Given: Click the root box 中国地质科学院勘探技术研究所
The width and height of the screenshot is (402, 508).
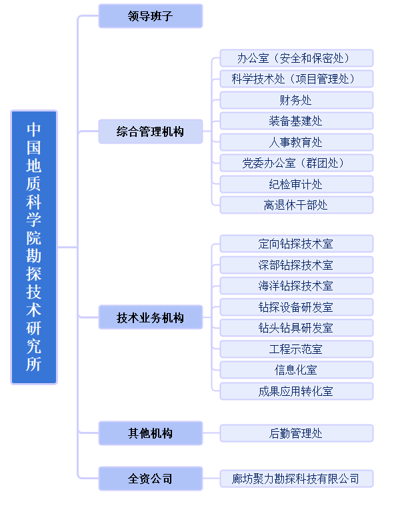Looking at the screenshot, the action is pyautogui.click(x=34, y=247).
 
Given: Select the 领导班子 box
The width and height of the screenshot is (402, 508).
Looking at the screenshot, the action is pyautogui.click(x=151, y=16).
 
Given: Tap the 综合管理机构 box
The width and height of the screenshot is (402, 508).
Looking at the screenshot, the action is pyautogui.click(x=151, y=132).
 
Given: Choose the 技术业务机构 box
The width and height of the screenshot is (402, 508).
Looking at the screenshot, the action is pyautogui.click(x=151, y=317).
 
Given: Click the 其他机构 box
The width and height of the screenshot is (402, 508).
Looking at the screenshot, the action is pyautogui.click(x=151, y=433).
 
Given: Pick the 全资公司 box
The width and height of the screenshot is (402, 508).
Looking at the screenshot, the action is pyautogui.click(x=151, y=479).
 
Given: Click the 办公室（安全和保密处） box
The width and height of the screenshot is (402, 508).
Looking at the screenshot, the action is pyautogui.click(x=297, y=58).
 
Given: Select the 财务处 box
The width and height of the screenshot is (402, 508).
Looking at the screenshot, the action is pyautogui.click(x=297, y=100).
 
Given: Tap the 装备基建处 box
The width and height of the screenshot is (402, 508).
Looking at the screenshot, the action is pyautogui.click(x=297, y=121).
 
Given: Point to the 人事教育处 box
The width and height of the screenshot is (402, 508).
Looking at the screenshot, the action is pyautogui.click(x=297, y=142).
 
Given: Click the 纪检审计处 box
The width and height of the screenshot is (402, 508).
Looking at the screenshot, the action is pyautogui.click(x=297, y=184).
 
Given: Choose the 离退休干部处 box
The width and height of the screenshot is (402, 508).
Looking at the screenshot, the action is pyautogui.click(x=297, y=205).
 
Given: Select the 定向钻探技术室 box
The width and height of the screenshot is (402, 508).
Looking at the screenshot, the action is pyautogui.click(x=297, y=244).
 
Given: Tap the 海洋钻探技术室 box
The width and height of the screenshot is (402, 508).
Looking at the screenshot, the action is pyautogui.click(x=297, y=286).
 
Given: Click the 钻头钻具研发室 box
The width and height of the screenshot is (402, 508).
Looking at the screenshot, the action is pyautogui.click(x=297, y=328).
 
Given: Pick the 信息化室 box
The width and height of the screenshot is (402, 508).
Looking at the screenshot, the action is pyautogui.click(x=297, y=370).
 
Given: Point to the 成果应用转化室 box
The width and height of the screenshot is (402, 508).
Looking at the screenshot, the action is pyautogui.click(x=297, y=391).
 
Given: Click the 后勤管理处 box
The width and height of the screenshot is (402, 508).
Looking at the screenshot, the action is pyautogui.click(x=297, y=433).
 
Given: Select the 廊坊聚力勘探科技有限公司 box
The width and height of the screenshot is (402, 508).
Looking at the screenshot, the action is pyautogui.click(x=297, y=479).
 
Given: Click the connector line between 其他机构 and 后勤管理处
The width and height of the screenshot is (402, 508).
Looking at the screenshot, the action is pyautogui.click(x=211, y=433).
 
